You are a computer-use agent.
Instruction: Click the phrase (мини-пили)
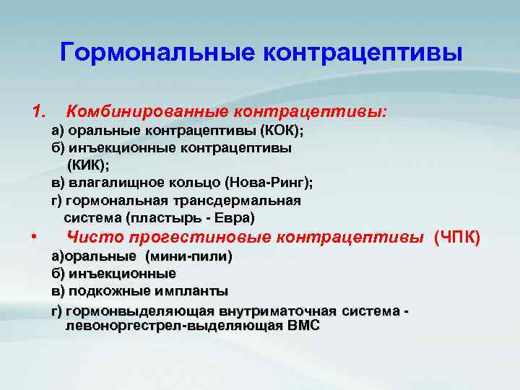[188, 256]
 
